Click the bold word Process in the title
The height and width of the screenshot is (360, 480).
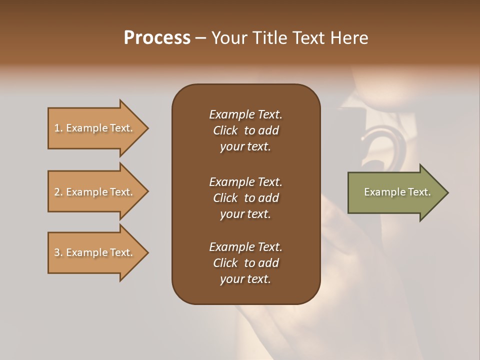pos(157,37)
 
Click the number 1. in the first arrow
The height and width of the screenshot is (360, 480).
pos(58,128)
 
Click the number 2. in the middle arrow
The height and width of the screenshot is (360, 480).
pos(58,192)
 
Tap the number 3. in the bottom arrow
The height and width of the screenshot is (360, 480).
pos(58,252)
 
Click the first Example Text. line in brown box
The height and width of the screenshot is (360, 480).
pos(245,114)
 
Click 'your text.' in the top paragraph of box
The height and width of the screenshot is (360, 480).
pos(245,146)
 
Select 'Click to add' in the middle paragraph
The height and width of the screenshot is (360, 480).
pos(245,198)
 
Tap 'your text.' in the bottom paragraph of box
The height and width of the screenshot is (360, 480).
pos(245,279)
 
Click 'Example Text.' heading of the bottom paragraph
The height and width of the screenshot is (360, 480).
pos(245,247)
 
